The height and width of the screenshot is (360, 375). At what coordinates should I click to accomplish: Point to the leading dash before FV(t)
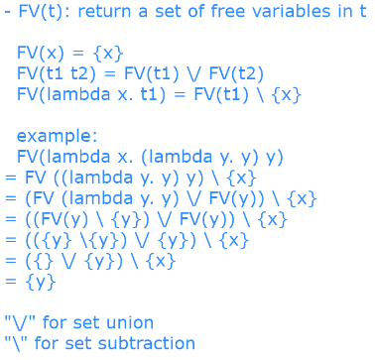(x=7, y=13)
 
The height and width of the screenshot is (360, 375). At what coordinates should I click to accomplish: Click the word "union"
(x=127, y=322)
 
